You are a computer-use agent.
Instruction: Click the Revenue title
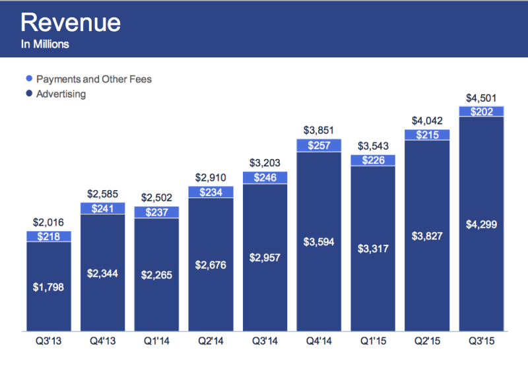(71, 22)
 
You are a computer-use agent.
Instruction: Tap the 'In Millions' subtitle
(45, 45)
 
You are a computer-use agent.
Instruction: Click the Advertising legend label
(61, 94)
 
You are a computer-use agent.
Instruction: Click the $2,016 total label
(48, 224)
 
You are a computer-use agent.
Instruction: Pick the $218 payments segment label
(48, 236)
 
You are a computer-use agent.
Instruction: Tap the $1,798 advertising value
(48, 286)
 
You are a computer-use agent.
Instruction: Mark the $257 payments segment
(319, 145)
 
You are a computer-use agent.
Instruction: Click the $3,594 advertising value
(319, 242)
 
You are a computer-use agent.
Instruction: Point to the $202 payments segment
(481, 112)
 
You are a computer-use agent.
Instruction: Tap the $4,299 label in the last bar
(481, 224)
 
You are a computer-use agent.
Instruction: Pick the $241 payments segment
(102, 207)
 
